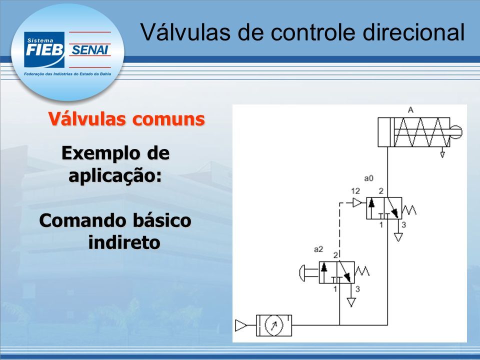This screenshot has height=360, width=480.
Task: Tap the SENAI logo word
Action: click(x=90, y=50)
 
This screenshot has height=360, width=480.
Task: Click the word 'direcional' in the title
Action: click(x=413, y=32)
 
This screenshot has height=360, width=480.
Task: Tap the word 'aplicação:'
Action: click(x=115, y=176)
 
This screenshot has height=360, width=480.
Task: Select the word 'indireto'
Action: click(x=124, y=242)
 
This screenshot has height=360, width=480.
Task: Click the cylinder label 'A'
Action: click(x=411, y=109)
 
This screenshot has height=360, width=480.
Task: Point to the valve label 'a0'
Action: click(x=369, y=178)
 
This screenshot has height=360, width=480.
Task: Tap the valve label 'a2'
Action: click(x=318, y=249)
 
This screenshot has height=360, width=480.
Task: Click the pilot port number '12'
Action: click(x=355, y=191)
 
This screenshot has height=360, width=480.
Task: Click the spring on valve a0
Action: click(x=409, y=210)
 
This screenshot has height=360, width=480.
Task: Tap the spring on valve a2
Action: click(x=362, y=271)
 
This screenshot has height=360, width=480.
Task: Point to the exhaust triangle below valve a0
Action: click(x=398, y=237)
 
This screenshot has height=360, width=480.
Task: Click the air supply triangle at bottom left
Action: click(x=240, y=325)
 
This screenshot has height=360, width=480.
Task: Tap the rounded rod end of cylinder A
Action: click(x=456, y=132)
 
